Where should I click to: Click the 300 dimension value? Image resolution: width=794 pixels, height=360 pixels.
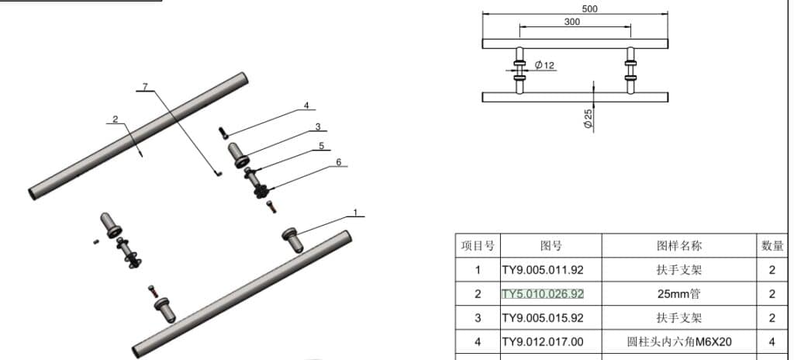click(572, 22)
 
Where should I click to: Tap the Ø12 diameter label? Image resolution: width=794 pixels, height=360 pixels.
click(544, 65)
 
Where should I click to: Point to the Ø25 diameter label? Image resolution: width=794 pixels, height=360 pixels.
click(588, 119)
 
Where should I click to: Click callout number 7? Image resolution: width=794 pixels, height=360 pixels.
click(145, 87)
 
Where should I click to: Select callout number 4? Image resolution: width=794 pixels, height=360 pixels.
click(306, 106)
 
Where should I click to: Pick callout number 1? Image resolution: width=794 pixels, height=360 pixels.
click(355, 213)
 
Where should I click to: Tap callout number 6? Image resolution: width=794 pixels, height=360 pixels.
click(339, 162)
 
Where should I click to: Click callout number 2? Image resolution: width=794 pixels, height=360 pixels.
click(116, 119)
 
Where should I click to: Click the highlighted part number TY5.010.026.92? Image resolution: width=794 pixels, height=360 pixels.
click(542, 294)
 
